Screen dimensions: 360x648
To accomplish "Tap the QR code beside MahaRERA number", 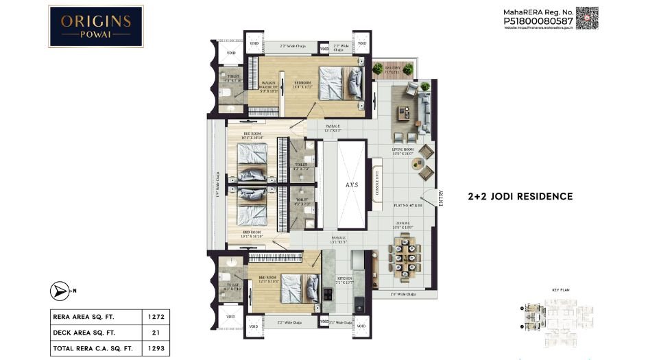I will pyautogui.click(x=587, y=18).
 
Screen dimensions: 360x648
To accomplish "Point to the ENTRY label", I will pyautogui.click(x=441, y=198).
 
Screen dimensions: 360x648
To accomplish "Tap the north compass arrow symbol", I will pyautogui.click(x=60, y=291).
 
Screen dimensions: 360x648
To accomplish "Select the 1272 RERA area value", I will pyautogui.click(x=155, y=317).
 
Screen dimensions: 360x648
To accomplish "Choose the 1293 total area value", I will pyautogui.click(x=155, y=350).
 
